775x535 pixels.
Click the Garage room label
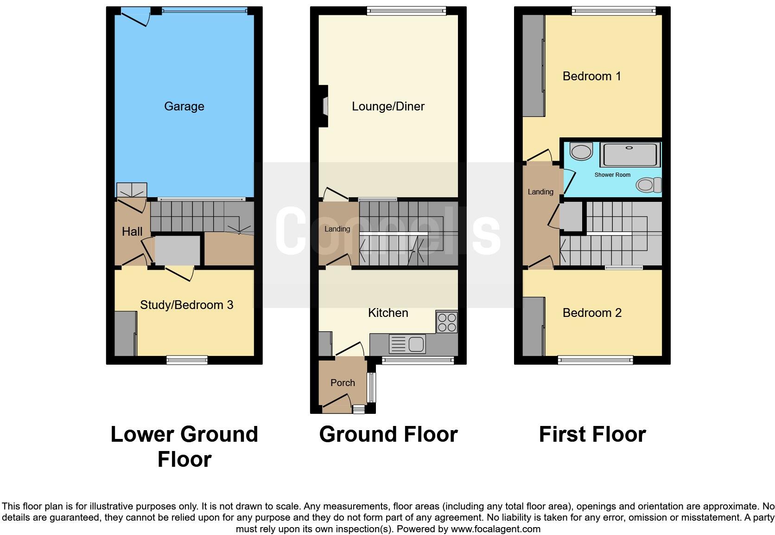tap(184, 106)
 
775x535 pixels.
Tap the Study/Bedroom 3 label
tap(186, 305)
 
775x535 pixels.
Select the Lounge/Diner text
tap(388, 106)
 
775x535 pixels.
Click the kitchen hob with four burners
tap(447, 322)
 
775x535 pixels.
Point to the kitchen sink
tap(407, 344)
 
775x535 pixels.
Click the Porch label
tap(343, 383)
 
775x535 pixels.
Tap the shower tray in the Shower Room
tap(629, 155)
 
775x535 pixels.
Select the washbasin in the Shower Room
tap(581, 151)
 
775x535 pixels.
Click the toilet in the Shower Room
tap(649, 185)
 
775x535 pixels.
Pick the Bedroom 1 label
tap(591, 76)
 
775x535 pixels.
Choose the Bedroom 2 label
tap(592, 313)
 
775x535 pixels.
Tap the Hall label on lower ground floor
tap(132, 232)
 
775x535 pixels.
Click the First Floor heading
tap(592, 435)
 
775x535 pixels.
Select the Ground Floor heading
tap(388, 435)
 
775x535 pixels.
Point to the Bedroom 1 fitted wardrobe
tap(534, 66)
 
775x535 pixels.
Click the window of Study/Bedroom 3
tap(187, 359)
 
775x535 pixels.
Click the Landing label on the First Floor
tap(540, 192)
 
